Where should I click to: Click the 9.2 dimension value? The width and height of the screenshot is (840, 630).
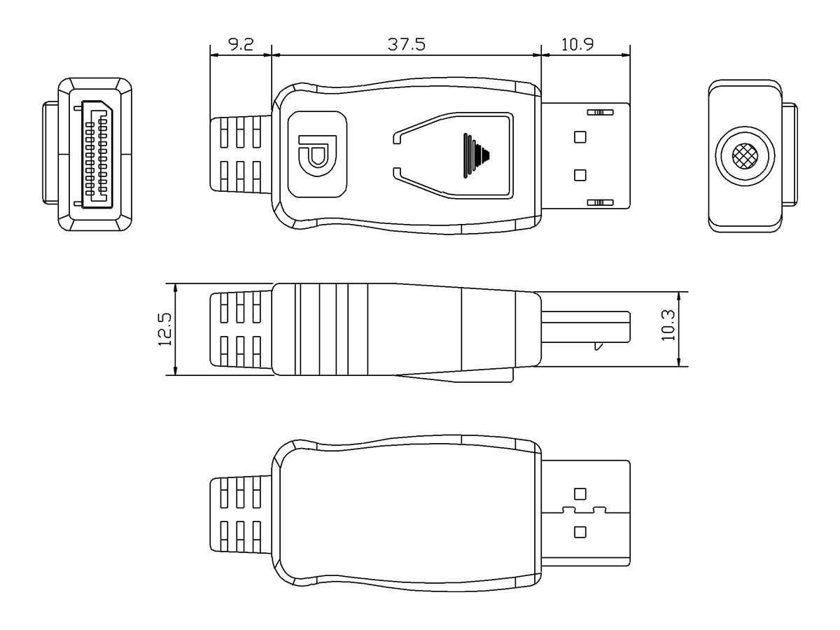241,45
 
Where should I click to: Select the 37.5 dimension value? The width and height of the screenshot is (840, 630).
407,45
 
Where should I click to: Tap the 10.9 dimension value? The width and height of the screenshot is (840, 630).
577,45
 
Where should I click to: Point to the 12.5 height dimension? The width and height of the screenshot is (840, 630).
164,329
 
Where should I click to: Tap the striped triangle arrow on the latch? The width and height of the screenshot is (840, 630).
476,153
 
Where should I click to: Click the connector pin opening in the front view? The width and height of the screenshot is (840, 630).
97,154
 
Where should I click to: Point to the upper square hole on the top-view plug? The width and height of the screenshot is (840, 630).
580,136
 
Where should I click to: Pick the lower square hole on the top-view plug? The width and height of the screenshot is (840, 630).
580,174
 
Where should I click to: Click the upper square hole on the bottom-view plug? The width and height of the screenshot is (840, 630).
580,493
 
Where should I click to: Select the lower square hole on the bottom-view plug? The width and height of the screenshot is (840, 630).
580,532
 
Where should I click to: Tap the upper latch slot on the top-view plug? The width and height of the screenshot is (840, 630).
598,112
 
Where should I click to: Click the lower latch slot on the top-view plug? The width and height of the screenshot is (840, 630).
598,203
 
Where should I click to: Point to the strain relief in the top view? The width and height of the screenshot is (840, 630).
241,154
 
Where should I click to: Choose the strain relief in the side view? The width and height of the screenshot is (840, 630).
241,329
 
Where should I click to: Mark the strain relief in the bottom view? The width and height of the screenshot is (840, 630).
241,515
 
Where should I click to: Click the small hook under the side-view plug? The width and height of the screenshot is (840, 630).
597,346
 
